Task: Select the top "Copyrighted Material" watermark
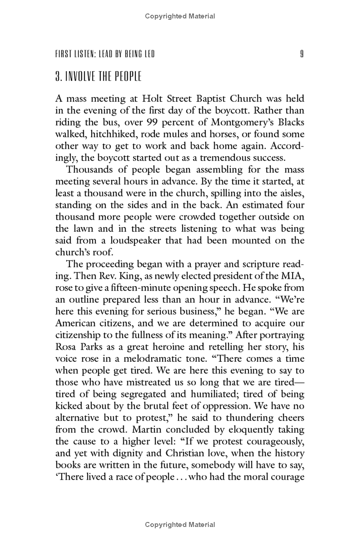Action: tap(180, 17)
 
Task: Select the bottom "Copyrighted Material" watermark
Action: tap(180, 525)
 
